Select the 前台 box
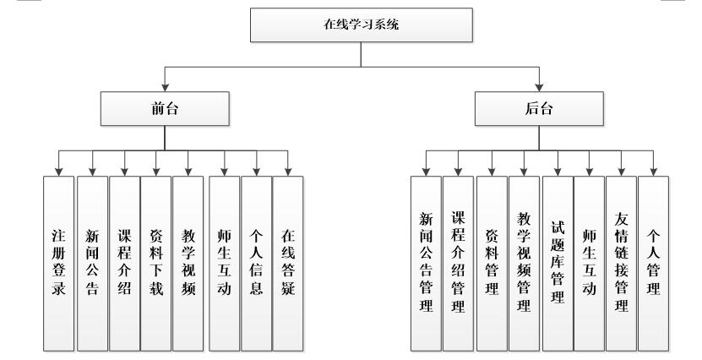tap(165, 108)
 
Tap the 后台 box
tap(539, 108)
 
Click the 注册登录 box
tap(58, 263)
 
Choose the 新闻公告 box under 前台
tap(91, 263)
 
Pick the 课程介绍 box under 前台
tap(123, 263)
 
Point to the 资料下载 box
tap(155, 263)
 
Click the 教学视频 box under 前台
tap(188, 263)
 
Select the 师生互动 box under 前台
tap(225, 263)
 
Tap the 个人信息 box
tap(257, 263)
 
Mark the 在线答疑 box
tap(288, 263)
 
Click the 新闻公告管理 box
tap(426, 263)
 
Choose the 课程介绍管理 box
tap(458, 263)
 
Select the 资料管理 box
tap(492, 263)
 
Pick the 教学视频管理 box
tap(524, 263)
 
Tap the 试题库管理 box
tap(557, 263)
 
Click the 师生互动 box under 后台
tap(589, 263)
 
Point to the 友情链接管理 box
tap(621, 263)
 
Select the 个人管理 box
tap(653, 263)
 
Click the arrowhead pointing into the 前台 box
tap(165, 87)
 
